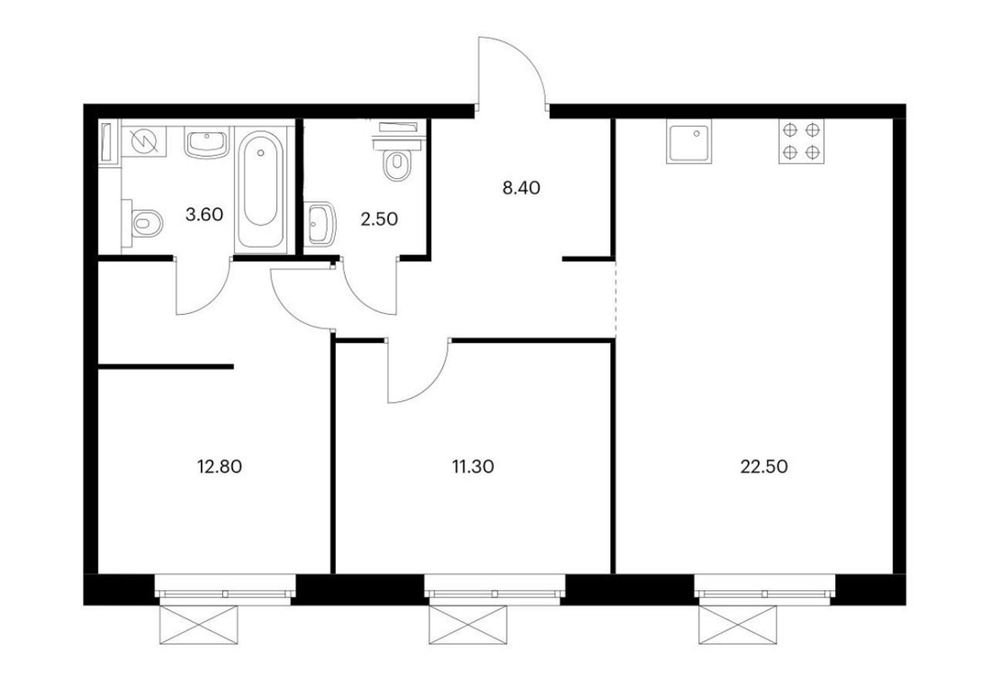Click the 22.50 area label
point(763,467)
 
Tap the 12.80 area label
point(219,467)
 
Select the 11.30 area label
point(473,467)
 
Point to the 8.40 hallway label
point(521,188)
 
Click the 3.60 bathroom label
point(204,215)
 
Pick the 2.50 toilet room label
point(379,219)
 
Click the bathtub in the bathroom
point(260,189)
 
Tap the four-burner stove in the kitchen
point(801,141)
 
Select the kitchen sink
point(688,141)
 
